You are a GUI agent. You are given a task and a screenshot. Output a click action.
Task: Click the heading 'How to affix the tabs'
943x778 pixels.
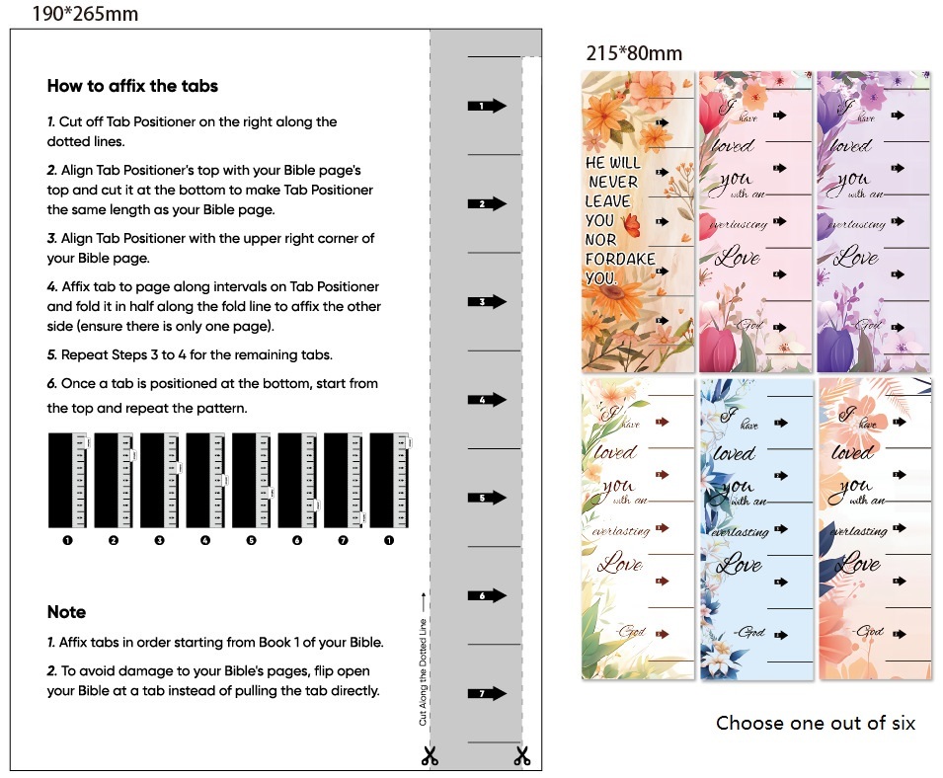[132, 86]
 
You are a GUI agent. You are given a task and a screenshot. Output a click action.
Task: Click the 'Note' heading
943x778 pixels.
[66, 612]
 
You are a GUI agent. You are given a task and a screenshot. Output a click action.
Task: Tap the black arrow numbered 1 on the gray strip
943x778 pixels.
[486, 106]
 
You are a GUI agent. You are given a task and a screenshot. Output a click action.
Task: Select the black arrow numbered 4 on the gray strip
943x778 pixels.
[486, 400]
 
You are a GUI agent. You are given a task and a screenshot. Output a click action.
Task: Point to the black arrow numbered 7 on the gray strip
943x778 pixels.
[486, 694]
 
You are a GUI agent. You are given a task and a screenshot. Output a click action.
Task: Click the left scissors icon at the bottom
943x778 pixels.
[430, 756]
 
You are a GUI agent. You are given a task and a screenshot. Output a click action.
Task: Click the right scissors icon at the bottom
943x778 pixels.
[521, 756]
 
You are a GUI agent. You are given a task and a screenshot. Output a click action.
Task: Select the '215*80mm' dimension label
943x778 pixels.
[634, 53]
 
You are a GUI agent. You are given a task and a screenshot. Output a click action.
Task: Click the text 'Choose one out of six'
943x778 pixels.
[816, 724]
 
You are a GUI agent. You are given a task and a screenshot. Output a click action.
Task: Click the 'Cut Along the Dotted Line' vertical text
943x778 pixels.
[424, 659]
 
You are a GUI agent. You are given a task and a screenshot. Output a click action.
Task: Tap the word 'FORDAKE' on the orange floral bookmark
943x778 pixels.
[615, 259]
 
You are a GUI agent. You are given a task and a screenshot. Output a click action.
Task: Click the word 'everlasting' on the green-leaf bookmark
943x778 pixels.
[621, 530]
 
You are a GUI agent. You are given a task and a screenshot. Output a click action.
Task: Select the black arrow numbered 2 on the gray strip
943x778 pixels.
[486, 203]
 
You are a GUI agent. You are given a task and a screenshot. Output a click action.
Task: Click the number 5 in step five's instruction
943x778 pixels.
[51, 354]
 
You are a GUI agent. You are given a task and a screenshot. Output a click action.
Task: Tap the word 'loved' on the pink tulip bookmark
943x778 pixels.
[732, 145]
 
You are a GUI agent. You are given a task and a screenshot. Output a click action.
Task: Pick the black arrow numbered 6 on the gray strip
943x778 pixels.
[486, 596]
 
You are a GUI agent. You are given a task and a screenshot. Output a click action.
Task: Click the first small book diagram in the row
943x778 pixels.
[68, 480]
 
